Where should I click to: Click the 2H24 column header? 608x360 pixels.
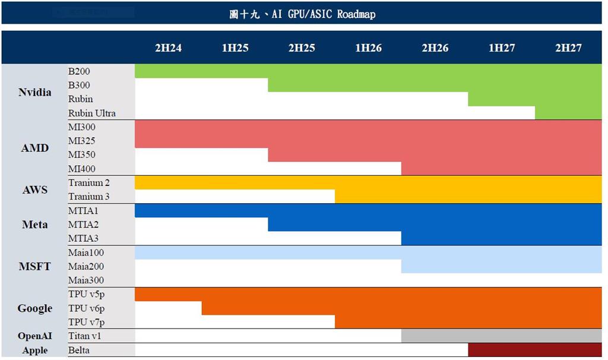click(168, 48)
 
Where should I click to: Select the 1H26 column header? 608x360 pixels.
click(368, 48)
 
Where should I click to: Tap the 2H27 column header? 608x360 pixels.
click(568, 48)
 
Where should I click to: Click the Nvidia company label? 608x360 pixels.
click(34, 92)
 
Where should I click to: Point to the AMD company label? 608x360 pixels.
click(34, 148)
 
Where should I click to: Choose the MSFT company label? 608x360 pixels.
click(34, 266)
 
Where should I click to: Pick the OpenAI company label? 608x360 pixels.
click(34, 336)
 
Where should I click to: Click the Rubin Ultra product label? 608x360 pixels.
click(92, 113)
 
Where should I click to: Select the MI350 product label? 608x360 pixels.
click(82, 155)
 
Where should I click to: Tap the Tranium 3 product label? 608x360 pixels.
click(89, 197)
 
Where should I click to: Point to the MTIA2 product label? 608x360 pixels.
click(84, 225)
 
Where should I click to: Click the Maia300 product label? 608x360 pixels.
click(86, 280)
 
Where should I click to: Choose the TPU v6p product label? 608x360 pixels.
click(87, 308)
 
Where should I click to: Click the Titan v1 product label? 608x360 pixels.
click(85, 336)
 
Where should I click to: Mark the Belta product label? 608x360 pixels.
click(79, 350)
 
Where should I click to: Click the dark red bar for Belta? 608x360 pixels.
click(535, 350)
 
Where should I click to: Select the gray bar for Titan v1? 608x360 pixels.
click(502, 336)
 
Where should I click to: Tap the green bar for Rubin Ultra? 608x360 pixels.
click(568, 113)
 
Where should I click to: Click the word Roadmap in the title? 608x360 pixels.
click(356, 13)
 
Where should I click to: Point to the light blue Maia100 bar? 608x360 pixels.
click(368, 252)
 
